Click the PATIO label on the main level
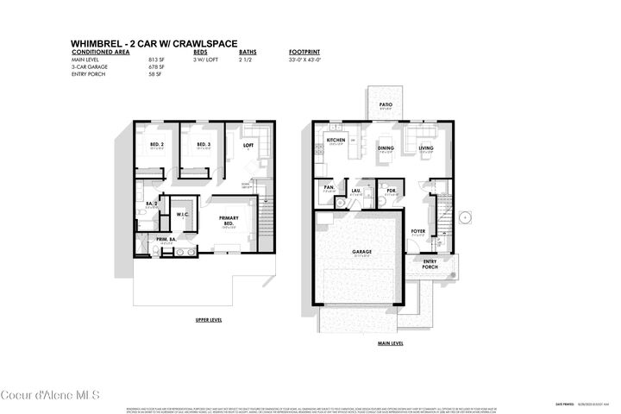pyautogui.click(x=386, y=105)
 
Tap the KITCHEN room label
pyautogui.click(x=336, y=140)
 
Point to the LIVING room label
pyautogui.click(x=426, y=147)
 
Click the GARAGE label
pyautogui.click(x=361, y=253)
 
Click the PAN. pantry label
pyautogui.click(x=329, y=187)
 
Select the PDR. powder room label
pyautogui.click(x=391, y=191)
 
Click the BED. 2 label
pyautogui.click(x=156, y=144)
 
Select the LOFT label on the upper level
pyautogui.click(x=248, y=146)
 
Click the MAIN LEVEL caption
pyautogui.click(x=391, y=343)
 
